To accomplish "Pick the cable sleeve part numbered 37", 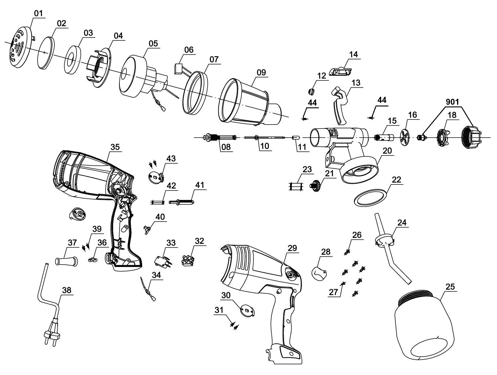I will pos(66,261).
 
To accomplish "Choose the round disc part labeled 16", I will pos(406,138).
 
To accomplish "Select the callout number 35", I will pos(115,147).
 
